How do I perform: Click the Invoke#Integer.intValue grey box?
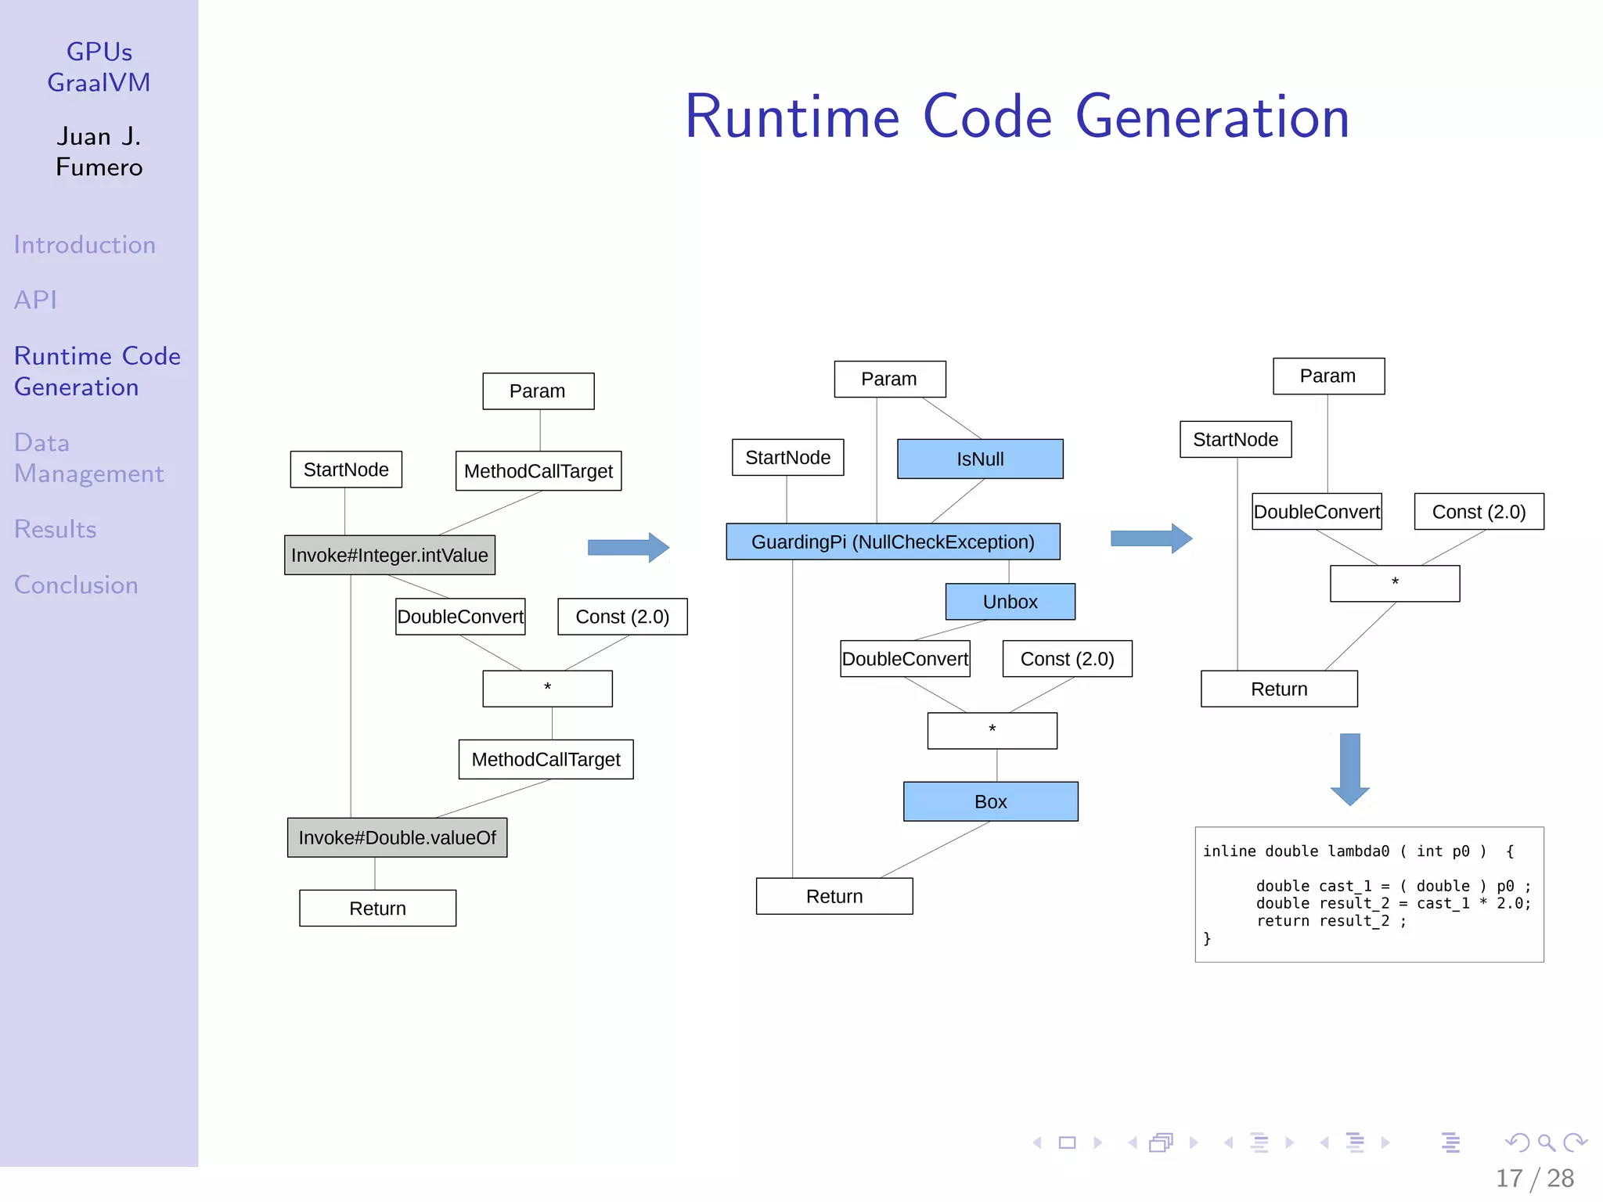pos(389,555)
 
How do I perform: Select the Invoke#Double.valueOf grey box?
pos(397,837)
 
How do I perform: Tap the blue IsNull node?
pos(980,459)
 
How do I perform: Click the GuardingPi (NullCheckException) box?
pos(892,542)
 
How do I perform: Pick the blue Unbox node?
pos(1010,602)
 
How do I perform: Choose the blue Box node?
pos(990,801)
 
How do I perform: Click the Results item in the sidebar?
pos(56,530)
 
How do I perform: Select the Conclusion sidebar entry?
pos(76,585)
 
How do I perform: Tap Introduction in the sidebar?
pos(85,245)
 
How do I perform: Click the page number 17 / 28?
pos(1534,1178)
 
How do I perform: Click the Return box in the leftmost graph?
pos(377,909)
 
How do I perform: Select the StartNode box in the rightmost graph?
pos(1235,440)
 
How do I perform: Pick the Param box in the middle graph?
pos(889,379)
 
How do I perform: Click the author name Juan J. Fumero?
pos(99,152)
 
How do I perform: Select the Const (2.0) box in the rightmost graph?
pos(1479,512)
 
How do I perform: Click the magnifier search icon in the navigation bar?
pos(1546,1143)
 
